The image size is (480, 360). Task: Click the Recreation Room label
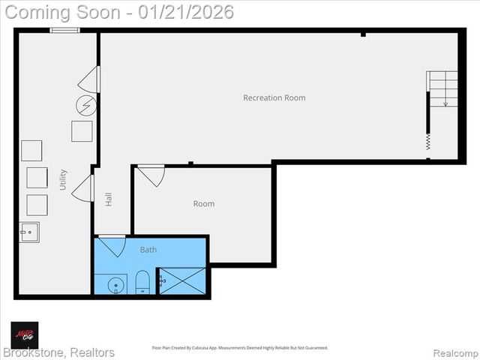274,97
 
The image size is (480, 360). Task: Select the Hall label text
109,199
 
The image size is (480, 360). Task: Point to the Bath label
148,250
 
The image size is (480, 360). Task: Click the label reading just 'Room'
204,203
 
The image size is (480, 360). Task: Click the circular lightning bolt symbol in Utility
86,105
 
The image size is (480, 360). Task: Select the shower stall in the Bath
181,281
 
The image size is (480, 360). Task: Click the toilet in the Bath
142,283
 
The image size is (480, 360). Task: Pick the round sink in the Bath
116,285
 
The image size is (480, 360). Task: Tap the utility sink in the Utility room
29,232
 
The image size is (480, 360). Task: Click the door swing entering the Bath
112,245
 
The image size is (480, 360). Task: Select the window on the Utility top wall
65,30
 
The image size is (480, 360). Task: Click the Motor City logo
24,334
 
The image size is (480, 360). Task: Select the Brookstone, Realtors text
58,352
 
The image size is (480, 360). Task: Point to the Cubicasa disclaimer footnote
240,348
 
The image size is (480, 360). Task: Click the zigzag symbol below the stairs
428,141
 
